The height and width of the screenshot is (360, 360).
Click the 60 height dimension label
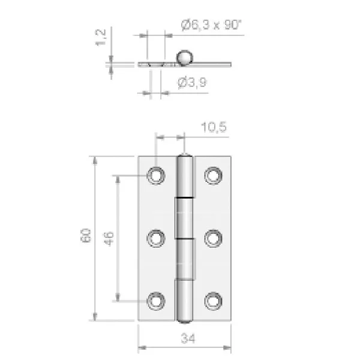(x=85, y=235)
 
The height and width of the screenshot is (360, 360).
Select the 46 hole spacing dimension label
(x=108, y=239)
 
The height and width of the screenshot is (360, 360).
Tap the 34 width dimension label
(x=188, y=338)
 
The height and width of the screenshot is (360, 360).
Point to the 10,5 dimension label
(x=214, y=127)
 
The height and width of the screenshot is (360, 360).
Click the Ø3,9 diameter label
(x=193, y=82)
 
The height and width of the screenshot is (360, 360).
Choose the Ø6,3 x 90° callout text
(x=211, y=25)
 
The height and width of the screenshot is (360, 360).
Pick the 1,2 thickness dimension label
(x=101, y=37)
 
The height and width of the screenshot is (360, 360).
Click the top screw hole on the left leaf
(x=156, y=176)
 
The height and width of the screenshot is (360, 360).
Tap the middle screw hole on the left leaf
(x=156, y=238)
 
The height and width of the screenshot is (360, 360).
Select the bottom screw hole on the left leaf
(x=156, y=301)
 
